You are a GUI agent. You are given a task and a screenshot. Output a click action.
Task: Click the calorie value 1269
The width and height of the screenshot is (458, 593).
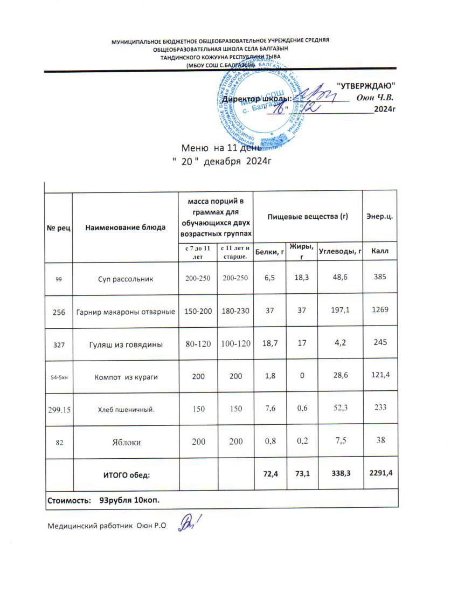click(x=380, y=311)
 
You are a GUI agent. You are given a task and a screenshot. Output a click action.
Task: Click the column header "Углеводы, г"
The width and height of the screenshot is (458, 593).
click(x=339, y=251)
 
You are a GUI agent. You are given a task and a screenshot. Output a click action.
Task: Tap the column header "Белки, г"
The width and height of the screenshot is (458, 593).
click(x=270, y=251)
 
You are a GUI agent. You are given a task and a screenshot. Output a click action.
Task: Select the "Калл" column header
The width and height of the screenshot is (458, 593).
click(x=380, y=251)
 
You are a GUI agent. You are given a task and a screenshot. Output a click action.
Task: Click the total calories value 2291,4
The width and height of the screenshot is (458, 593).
click(x=380, y=473)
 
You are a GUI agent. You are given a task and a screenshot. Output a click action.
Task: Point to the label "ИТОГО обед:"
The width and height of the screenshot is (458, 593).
click(x=127, y=474)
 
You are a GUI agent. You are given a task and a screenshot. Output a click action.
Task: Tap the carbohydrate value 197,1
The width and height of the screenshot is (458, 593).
click(x=339, y=311)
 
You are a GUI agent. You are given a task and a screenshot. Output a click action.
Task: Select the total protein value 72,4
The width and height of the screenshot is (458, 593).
click(x=270, y=473)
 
